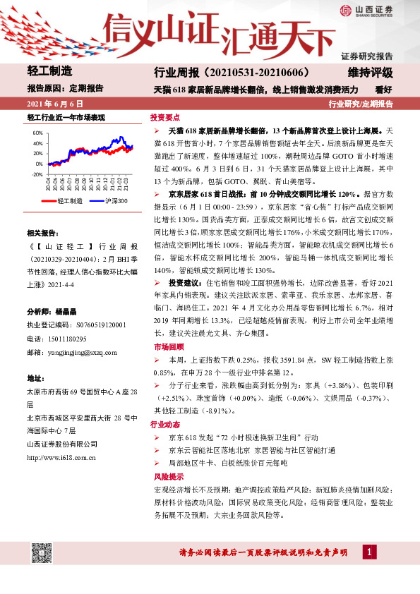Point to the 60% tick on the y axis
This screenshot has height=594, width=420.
click(37, 133)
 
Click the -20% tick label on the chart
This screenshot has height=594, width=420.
click(36, 174)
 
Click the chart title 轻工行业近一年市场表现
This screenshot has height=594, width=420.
click(66, 118)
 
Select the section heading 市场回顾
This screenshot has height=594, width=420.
click(165, 347)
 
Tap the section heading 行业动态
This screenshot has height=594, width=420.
click(165, 425)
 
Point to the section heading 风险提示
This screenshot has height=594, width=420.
click(165, 477)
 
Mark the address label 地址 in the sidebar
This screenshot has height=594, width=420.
click(35, 377)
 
